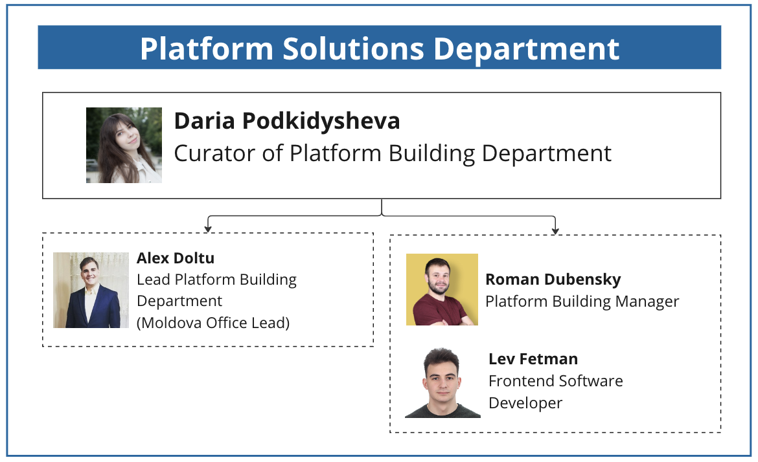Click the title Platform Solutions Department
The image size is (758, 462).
coord(380,49)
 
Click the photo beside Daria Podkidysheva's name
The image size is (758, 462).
coord(124,145)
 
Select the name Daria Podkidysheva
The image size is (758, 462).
coord(286,121)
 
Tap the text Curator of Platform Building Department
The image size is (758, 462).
coord(393,153)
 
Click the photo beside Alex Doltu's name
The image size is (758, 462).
coord(91,290)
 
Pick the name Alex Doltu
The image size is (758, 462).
coord(176,258)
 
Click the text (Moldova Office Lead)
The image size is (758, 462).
coord(213,322)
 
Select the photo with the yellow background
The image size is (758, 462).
coord(442,289)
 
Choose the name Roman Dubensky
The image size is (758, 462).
coord(553,280)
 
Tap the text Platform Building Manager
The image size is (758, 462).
coord(582,302)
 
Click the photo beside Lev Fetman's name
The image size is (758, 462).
coord(442,382)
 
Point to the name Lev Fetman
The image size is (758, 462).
coord(533,359)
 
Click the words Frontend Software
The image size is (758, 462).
coord(555,381)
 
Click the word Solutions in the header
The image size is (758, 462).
coord(353,49)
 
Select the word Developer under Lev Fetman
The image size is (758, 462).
coord(525,403)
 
